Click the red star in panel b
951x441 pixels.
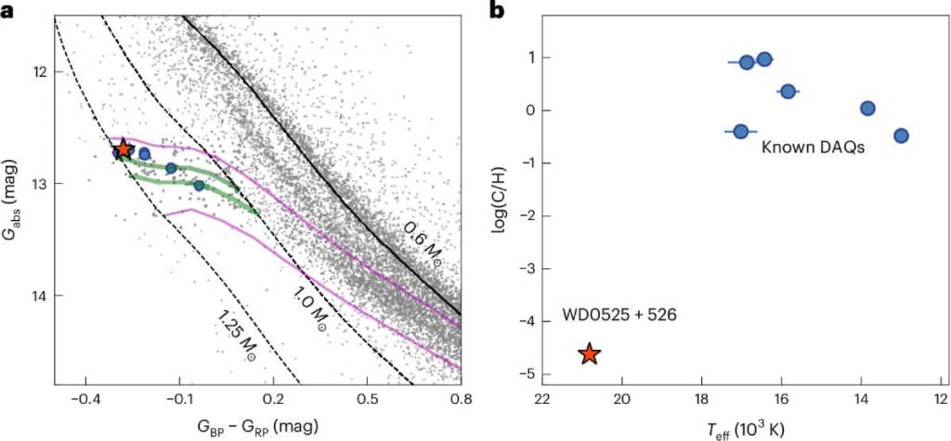click(589, 354)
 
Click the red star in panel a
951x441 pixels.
click(124, 149)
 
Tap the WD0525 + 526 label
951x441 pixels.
click(619, 315)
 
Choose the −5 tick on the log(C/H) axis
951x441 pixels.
click(518, 374)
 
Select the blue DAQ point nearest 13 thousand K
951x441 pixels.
click(900, 136)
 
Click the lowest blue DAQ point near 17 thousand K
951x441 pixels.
click(740, 131)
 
